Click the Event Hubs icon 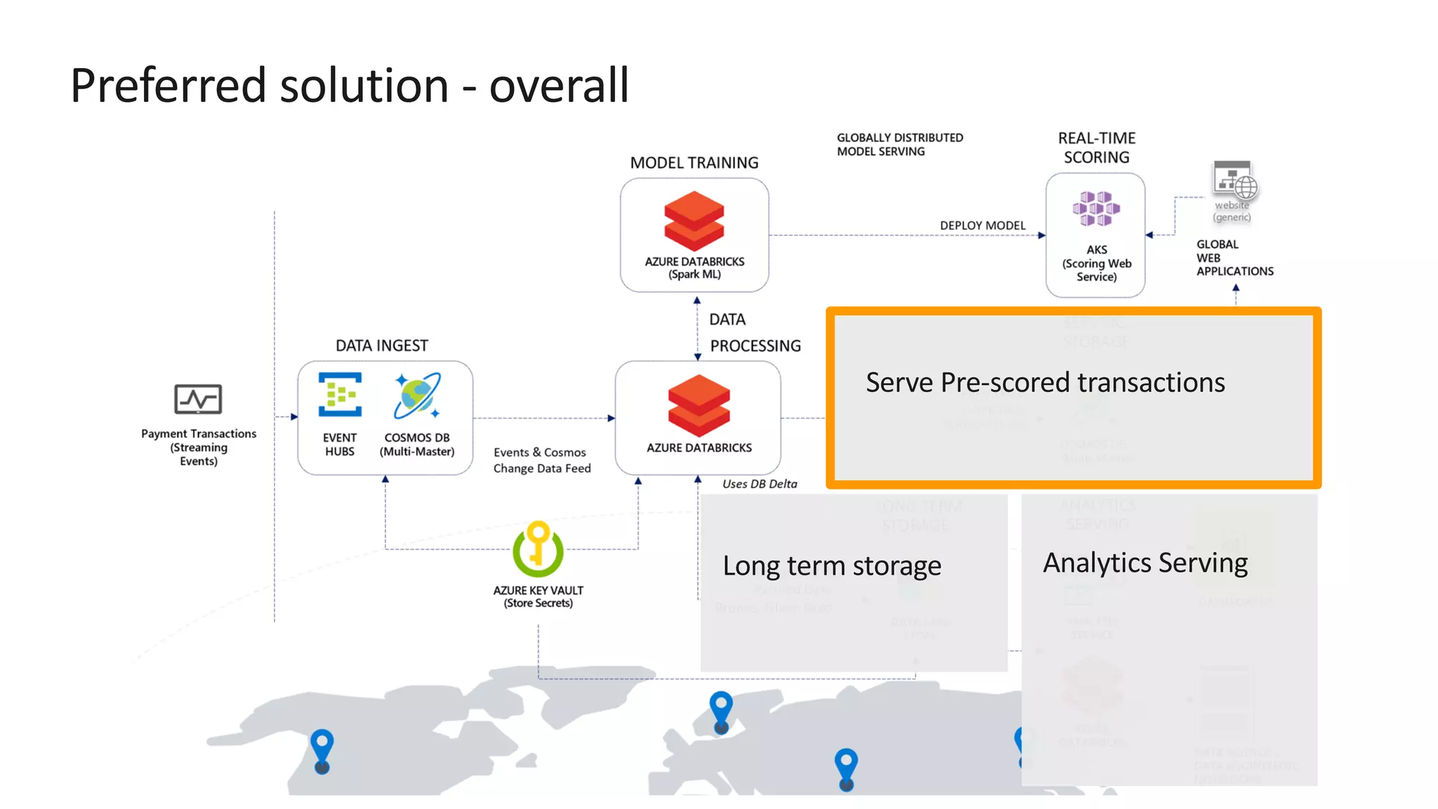coord(340,395)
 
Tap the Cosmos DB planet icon coord(417,395)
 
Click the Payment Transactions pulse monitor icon coord(198,399)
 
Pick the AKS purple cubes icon coord(1095,209)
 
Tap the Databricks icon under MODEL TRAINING coord(694,221)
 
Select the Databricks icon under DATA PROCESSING coord(699,405)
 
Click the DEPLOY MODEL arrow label coord(982,225)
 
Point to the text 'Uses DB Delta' coord(760,484)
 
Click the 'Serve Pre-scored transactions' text coord(1045,383)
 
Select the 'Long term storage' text coord(831,566)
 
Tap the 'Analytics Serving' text coord(1145,563)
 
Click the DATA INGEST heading coord(381,346)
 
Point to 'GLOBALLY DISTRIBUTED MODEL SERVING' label coord(899,145)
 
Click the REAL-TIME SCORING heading coord(1096,147)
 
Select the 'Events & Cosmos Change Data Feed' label coord(541,461)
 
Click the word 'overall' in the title coord(558,86)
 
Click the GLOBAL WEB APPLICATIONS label coord(1234,258)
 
